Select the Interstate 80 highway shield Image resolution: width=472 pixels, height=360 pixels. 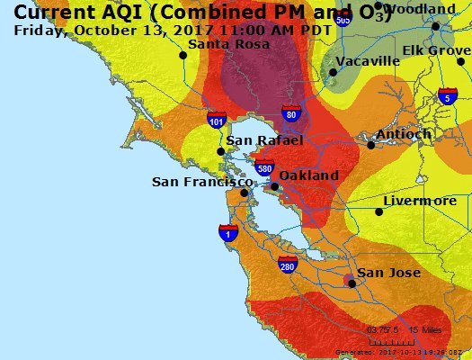click(x=289, y=112)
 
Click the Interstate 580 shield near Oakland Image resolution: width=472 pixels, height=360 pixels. click(x=264, y=167)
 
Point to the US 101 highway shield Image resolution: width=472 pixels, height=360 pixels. click(x=216, y=118)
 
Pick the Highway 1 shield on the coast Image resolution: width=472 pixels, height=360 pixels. click(x=228, y=233)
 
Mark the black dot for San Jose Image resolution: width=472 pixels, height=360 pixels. click(x=352, y=283)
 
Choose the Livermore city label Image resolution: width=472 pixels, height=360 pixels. click(x=420, y=201)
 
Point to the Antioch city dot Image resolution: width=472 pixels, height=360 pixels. click(x=370, y=144)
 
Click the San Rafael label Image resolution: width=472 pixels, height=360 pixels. click(x=264, y=140)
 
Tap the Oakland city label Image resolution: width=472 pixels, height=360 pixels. click(x=309, y=175)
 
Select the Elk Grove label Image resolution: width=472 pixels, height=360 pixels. click(x=436, y=50)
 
